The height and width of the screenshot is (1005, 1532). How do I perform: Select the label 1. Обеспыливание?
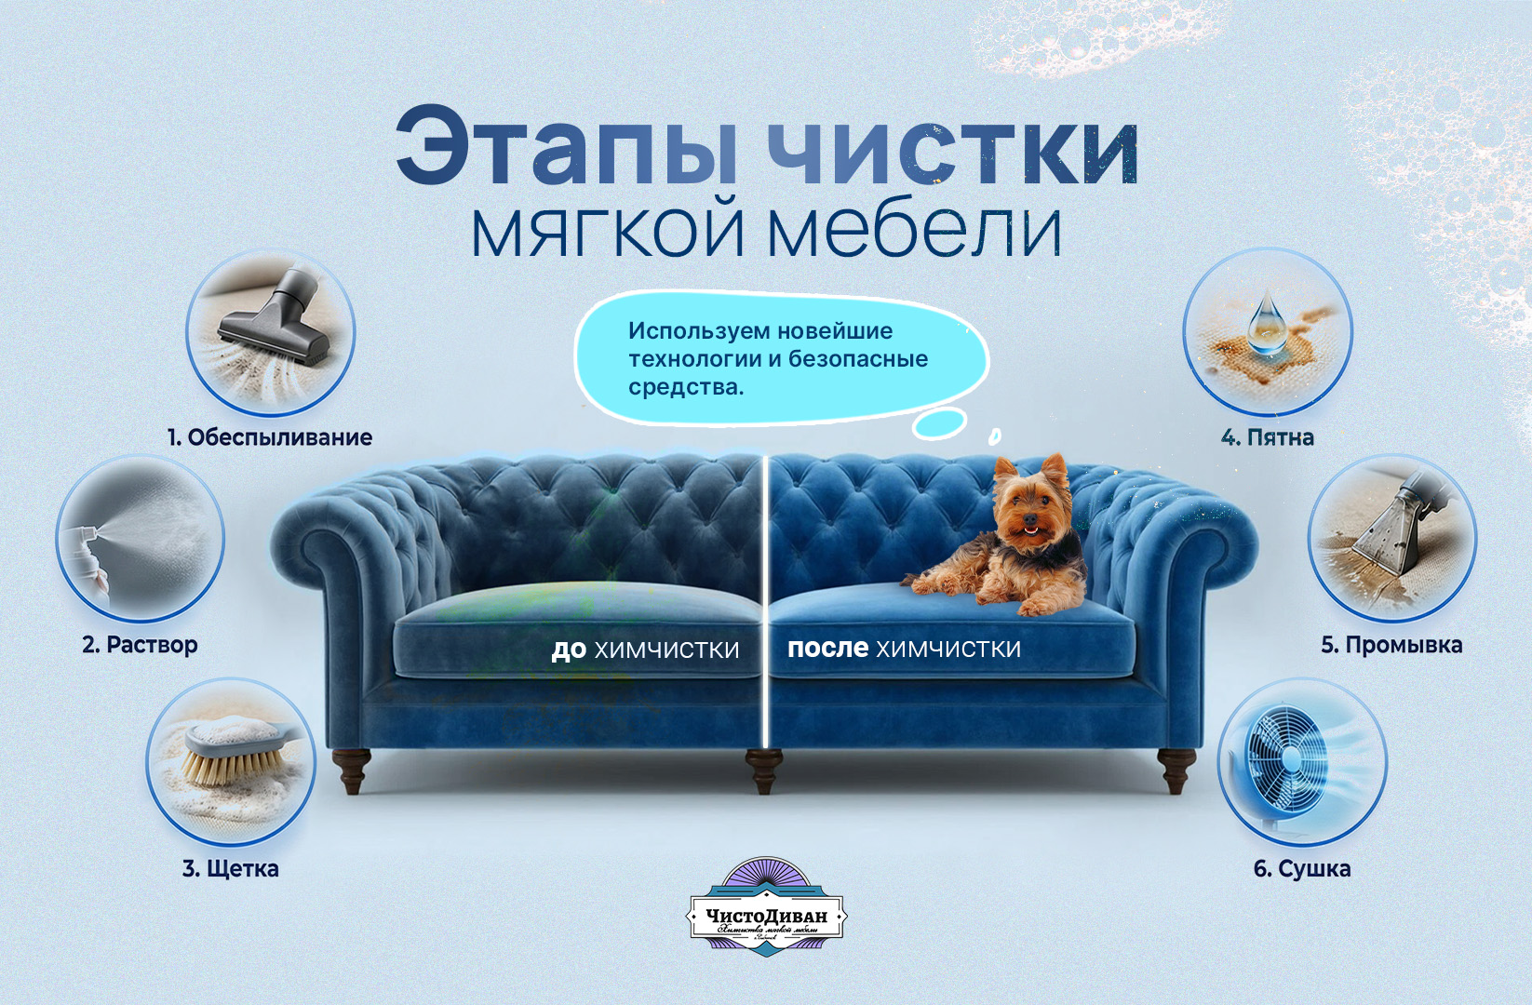click(270, 437)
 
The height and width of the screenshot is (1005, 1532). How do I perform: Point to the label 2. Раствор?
click(140, 645)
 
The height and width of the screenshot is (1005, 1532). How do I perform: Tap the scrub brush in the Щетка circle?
click(228, 749)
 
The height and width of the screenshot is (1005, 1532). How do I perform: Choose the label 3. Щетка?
click(231, 869)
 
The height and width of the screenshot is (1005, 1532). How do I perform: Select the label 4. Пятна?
click(1268, 437)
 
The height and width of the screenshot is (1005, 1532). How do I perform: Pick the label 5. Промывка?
click(1391, 645)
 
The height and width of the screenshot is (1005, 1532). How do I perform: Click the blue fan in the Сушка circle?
click(1289, 758)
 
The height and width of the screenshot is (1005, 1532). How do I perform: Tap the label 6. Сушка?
click(1301, 869)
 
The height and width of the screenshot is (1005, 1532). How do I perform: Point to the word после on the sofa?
click(827, 648)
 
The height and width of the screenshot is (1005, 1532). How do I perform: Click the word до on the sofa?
click(568, 650)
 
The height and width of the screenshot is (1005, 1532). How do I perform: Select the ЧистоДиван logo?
click(766, 907)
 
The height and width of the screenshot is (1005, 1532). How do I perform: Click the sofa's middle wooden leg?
click(764, 771)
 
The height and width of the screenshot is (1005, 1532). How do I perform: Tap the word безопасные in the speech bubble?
click(857, 359)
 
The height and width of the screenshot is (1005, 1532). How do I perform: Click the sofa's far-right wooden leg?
click(1176, 770)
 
